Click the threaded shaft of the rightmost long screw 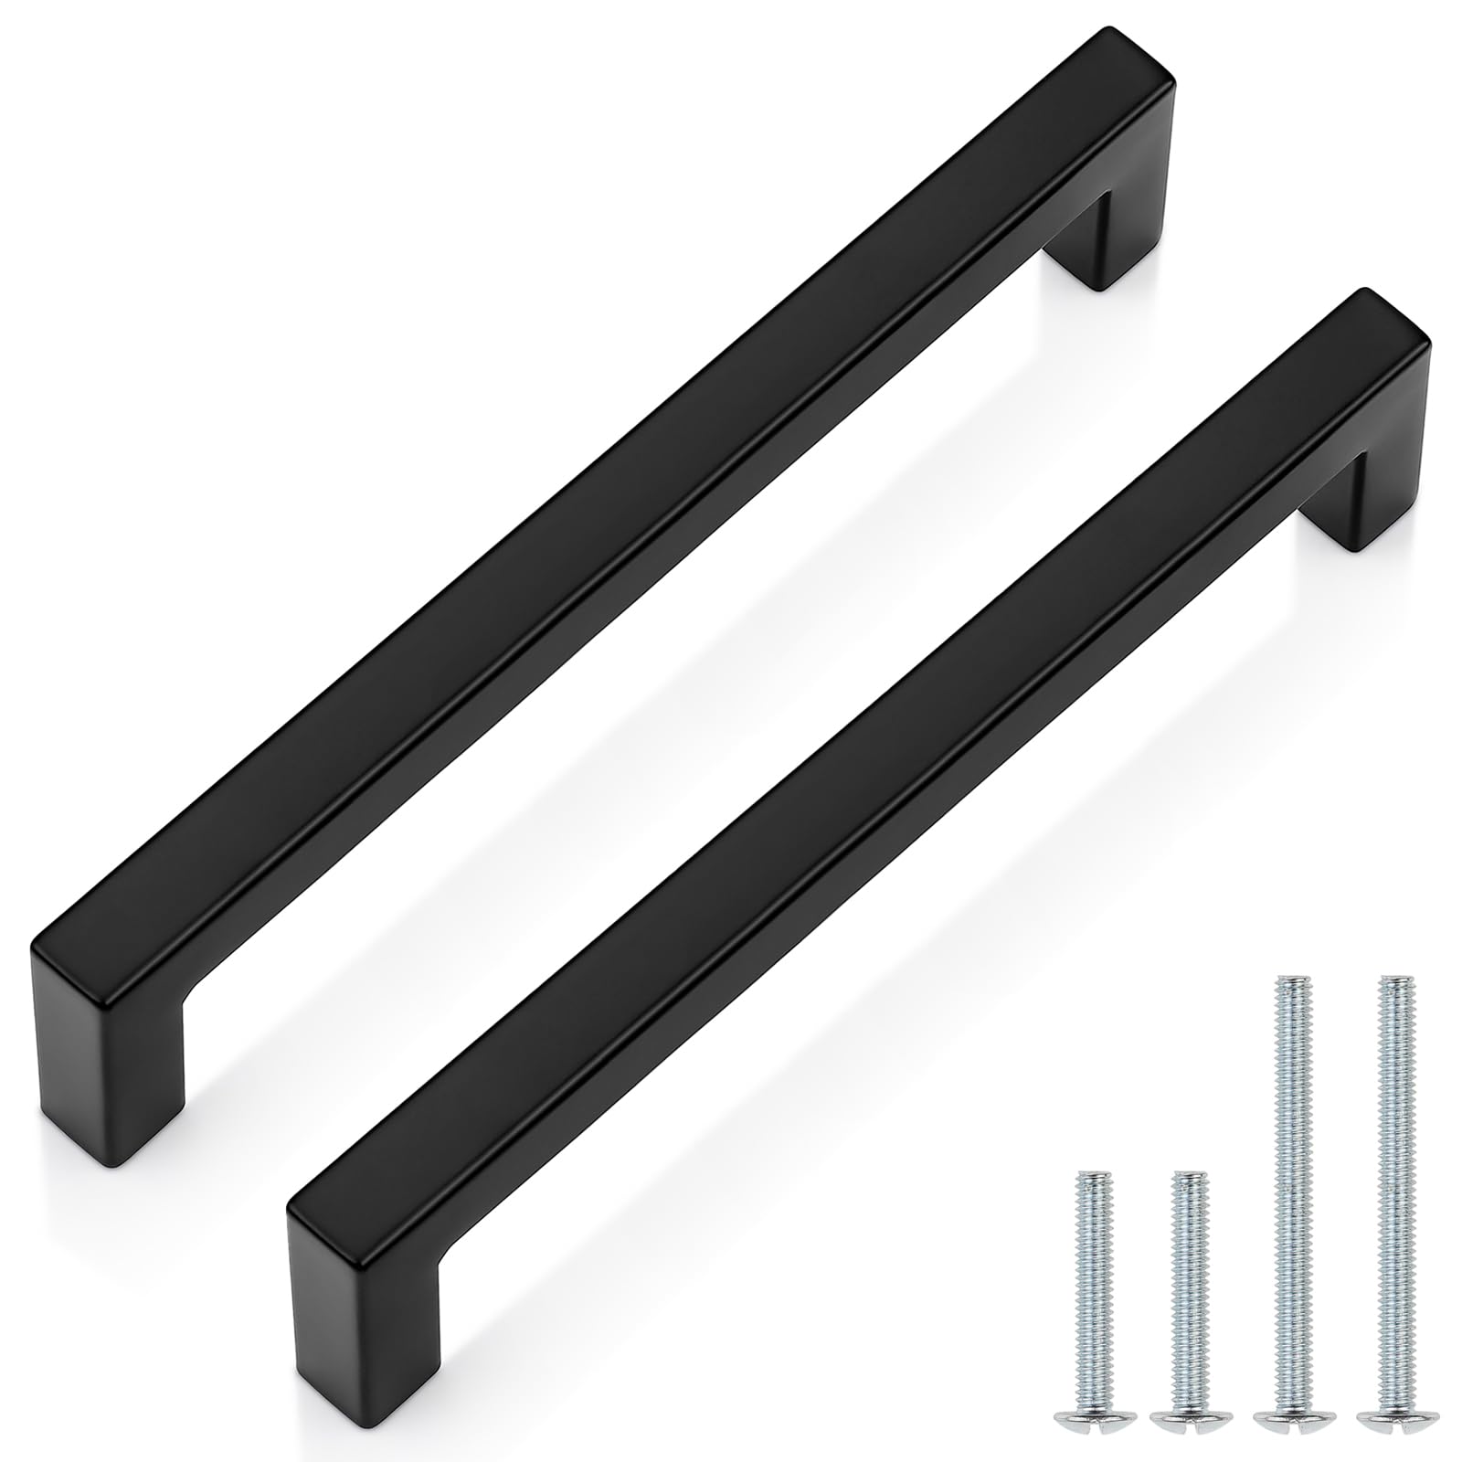point(1390,1170)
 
